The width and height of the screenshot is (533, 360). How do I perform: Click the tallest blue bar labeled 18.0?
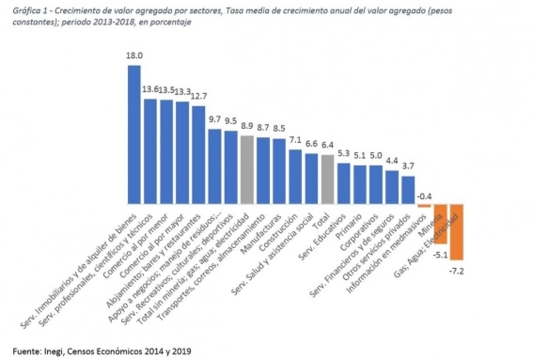click(134, 134)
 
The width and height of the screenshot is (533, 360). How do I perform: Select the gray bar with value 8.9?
click(247, 170)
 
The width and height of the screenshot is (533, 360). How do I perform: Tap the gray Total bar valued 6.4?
click(327, 179)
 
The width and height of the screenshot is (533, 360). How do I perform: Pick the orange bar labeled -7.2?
click(456, 232)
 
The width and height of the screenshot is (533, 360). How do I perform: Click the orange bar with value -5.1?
click(440, 224)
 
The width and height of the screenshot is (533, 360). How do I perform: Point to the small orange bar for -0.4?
click(424, 206)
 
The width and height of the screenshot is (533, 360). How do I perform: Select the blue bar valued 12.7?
click(199, 154)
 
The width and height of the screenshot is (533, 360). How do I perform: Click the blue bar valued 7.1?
click(295, 177)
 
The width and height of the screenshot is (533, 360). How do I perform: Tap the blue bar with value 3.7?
click(408, 190)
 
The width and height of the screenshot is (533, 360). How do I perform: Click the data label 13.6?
click(150, 90)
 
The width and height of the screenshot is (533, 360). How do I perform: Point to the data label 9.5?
click(231, 121)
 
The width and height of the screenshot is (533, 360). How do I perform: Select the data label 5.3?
click(343, 153)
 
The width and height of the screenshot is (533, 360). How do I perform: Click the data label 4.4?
click(392, 161)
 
